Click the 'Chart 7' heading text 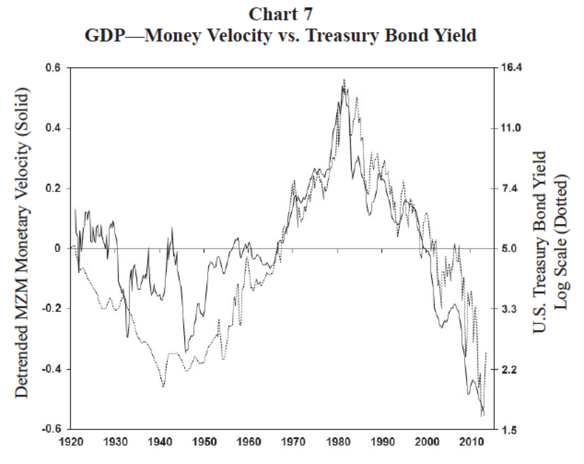coord(280,14)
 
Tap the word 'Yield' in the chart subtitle coord(451,36)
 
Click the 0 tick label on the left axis coord(58,249)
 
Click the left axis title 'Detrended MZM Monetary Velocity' coord(23,243)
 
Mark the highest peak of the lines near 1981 coord(344,80)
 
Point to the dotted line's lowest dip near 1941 coord(163,387)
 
